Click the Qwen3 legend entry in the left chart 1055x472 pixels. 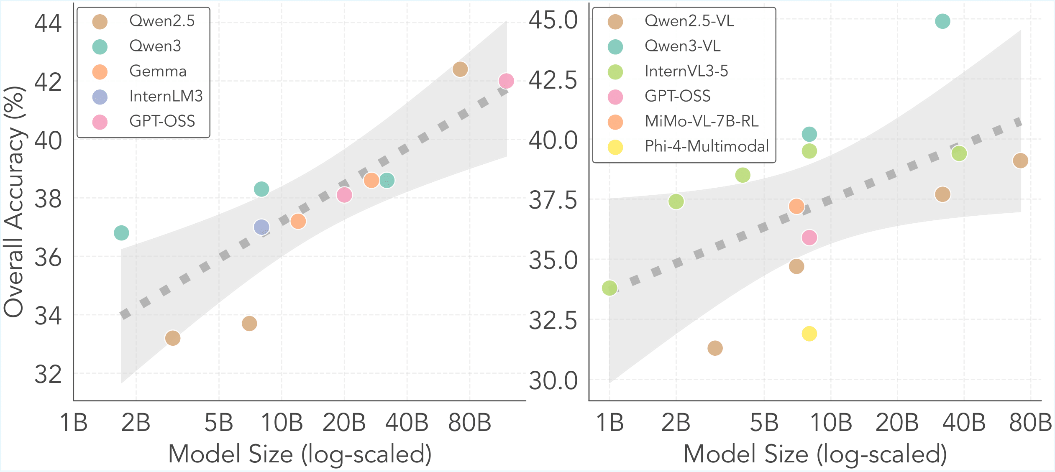155,46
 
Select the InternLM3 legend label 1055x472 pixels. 166,96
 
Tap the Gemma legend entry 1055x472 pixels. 158,71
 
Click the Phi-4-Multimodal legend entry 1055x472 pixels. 707,146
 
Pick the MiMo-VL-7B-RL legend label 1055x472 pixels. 702,121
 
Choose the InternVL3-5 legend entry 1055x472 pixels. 686,71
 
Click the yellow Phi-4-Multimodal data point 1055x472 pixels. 809,334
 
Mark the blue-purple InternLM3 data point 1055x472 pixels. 261,227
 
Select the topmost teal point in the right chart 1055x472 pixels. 942,21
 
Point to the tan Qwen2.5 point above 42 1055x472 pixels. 460,69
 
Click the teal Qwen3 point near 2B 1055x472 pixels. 121,232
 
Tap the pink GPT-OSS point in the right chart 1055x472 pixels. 809,237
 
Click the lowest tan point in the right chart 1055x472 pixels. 715,348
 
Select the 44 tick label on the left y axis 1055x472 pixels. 48,23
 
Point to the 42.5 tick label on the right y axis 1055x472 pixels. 553,80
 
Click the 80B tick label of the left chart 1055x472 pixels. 469,423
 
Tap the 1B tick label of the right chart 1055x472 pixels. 609,423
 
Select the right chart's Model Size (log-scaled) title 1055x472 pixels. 815,454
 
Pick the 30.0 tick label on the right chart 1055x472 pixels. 553,381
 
